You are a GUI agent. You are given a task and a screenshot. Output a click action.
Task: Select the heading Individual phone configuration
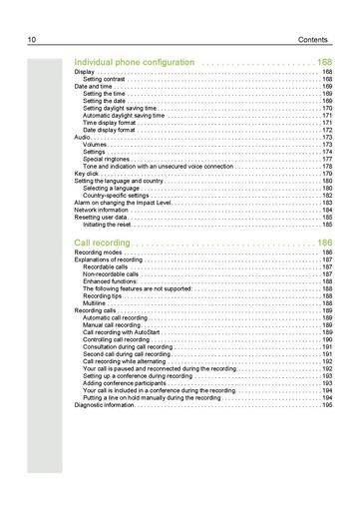pos(135,63)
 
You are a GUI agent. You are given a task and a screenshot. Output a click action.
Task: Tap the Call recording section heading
pos(103,243)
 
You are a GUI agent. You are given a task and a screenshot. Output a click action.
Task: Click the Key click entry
pos(87,174)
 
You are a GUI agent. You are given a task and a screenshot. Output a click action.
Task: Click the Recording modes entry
pos(99,254)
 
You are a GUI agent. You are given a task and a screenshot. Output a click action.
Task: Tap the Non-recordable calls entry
pos(109,274)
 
